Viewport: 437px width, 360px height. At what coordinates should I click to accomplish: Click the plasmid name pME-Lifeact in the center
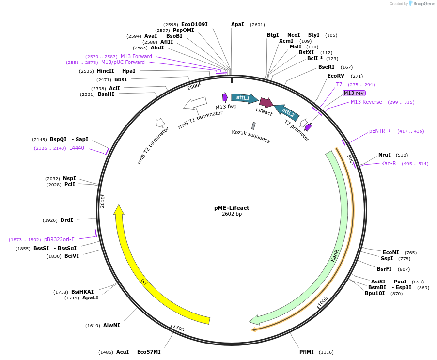coord(232,208)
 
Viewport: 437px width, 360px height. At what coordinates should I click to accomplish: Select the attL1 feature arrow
coord(244,98)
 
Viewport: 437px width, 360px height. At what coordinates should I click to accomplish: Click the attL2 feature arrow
coord(287,112)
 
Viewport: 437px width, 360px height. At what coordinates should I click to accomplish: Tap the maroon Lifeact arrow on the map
coord(266,102)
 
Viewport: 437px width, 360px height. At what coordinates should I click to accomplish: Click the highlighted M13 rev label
coord(354,93)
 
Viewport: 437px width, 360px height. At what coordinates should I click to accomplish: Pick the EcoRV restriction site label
coord(335,76)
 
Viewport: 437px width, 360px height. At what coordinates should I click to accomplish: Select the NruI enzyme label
coord(385,155)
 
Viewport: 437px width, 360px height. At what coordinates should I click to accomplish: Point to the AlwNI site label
coord(111,326)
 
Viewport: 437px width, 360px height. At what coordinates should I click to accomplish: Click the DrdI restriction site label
coord(67,220)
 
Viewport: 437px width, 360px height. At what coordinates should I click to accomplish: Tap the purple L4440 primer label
coord(77,148)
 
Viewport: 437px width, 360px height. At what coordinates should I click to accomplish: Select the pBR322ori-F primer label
coord(59,240)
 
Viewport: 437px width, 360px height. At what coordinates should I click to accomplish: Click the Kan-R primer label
coord(389,164)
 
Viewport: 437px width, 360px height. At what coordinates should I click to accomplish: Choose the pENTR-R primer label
coord(380,131)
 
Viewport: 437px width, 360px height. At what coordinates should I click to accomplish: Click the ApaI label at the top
coord(237,24)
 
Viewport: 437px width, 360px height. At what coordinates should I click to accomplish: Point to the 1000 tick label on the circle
coord(323,301)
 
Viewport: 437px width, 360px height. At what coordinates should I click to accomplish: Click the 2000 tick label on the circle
coord(103,202)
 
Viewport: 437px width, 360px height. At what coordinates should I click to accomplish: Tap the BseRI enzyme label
coord(326,67)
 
